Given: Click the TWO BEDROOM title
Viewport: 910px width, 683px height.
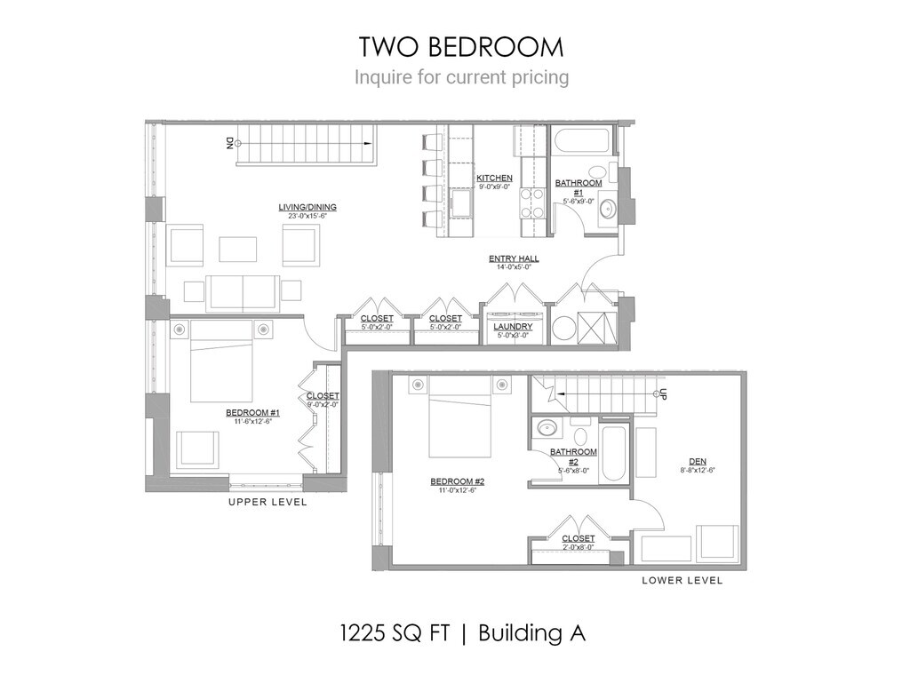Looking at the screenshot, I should pyautogui.click(x=460, y=46).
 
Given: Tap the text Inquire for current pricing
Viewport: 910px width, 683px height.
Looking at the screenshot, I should pyautogui.click(x=461, y=77).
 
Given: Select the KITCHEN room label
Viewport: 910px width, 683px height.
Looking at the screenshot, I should pyautogui.click(x=494, y=179).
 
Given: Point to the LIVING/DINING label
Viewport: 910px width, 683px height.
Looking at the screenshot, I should pyautogui.click(x=307, y=208).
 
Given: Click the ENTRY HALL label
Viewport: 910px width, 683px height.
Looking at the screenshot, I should pyautogui.click(x=514, y=259).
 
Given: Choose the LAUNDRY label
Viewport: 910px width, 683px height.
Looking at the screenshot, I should pyautogui.click(x=513, y=327).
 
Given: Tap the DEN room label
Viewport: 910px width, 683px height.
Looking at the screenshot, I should pyautogui.click(x=698, y=461).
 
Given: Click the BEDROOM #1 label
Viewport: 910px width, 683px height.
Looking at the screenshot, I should pyautogui.click(x=252, y=413).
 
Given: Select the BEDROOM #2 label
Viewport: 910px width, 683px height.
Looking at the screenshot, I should pyautogui.click(x=457, y=482).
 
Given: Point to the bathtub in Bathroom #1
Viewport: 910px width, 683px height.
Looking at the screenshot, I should pyautogui.click(x=581, y=142).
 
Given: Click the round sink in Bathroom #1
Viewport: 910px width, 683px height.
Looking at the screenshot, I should pyautogui.click(x=608, y=210).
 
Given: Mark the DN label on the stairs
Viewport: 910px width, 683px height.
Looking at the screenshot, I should pyautogui.click(x=229, y=141).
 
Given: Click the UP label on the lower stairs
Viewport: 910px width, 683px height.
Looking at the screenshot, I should pyautogui.click(x=662, y=393).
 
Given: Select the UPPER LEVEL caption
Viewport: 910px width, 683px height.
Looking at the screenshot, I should pyautogui.click(x=267, y=502).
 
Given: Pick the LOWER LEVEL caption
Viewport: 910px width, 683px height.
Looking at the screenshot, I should pyautogui.click(x=682, y=580).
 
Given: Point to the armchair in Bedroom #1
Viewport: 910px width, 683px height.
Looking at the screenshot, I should pyautogui.click(x=197, y=449).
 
